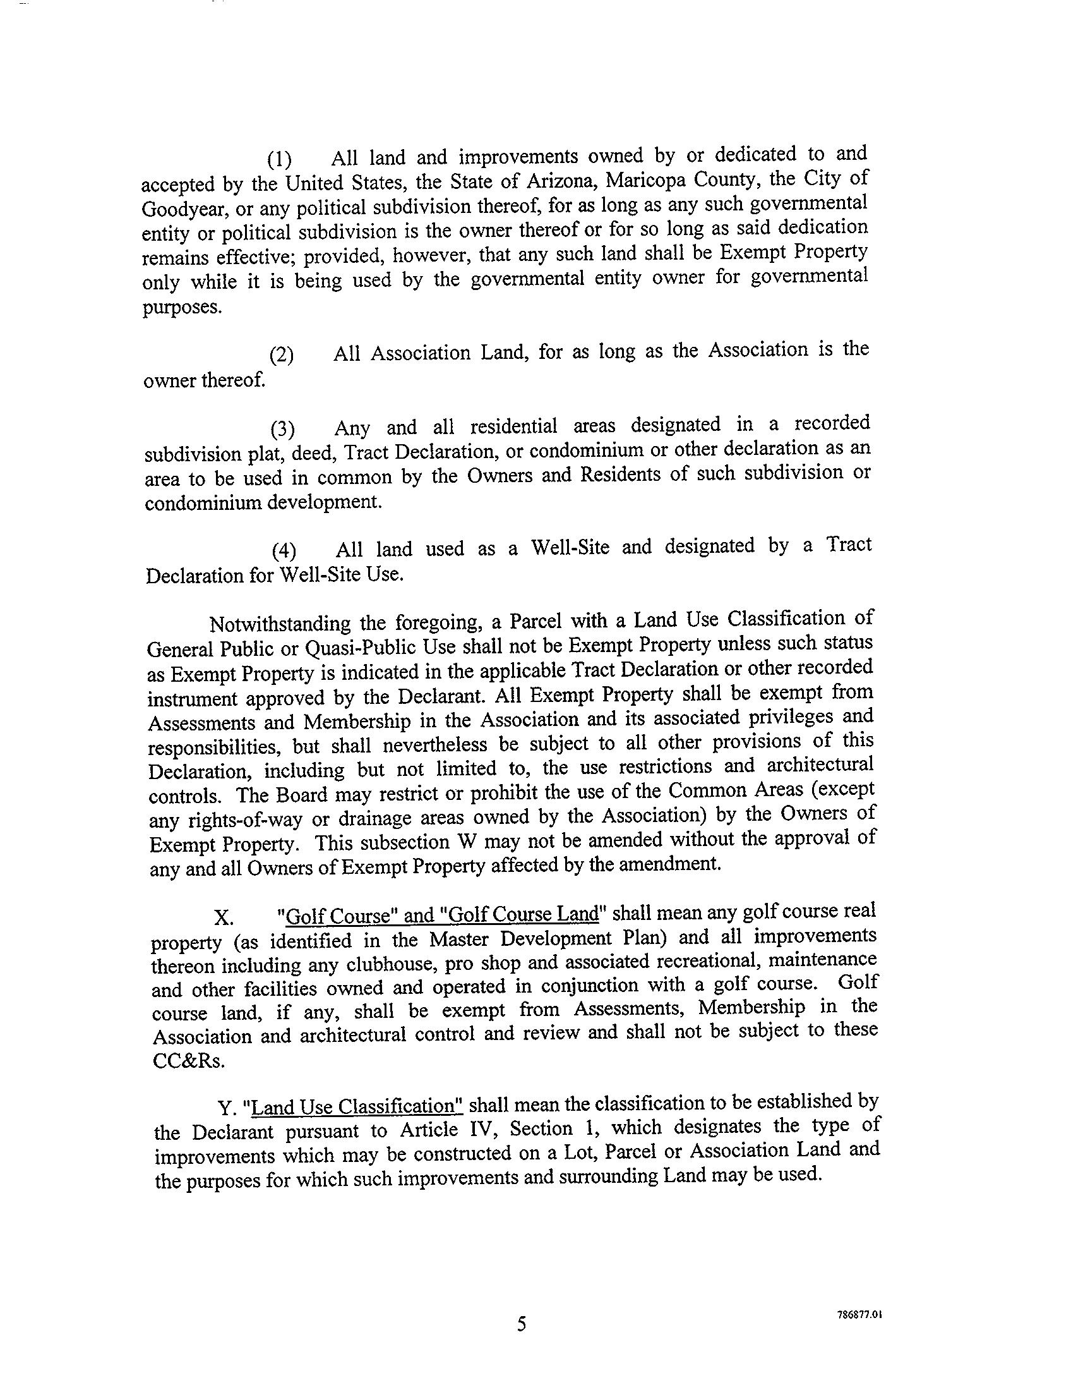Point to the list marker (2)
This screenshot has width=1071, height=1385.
282,356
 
